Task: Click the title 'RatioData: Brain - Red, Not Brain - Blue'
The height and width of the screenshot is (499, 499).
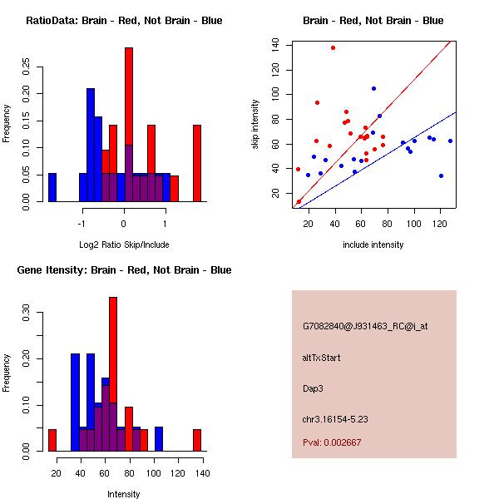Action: pyautogui.click(x=124, y=21)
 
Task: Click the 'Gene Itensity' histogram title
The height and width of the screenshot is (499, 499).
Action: pyautogui.click(x=124, y=270)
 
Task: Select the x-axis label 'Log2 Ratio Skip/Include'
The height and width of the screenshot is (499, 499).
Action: pyautogui.click(x=124, y=244)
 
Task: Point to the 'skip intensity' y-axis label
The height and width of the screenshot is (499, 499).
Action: pyautogui.click(x=257, y=125)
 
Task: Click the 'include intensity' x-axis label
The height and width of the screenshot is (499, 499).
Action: pyautogui.click(x=373, y=245)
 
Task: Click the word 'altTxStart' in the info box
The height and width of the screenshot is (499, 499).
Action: pyautogui.click(x=321, y=358)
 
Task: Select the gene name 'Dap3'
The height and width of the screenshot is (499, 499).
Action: pyautogui.click(x=312, y=388)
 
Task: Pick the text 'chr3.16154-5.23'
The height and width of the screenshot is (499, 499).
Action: pyautogui.click(x=335, y=417)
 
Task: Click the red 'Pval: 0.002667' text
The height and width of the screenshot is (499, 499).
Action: pyautogui.click(x=332, y=442)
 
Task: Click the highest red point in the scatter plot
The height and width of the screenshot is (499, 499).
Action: pyautogui.click(x=333, y=47)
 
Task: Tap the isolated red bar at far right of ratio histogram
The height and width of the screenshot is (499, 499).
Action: pyautogui.click(x=197, y=163)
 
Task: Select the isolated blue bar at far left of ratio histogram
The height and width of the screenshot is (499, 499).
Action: pyautogui.click(x=52, y=187)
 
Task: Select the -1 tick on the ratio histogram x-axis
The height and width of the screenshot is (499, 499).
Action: pyautogui.click(x=82, y=224)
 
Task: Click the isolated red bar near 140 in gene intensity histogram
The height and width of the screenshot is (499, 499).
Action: pyautogui.click(x=197, y=440)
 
